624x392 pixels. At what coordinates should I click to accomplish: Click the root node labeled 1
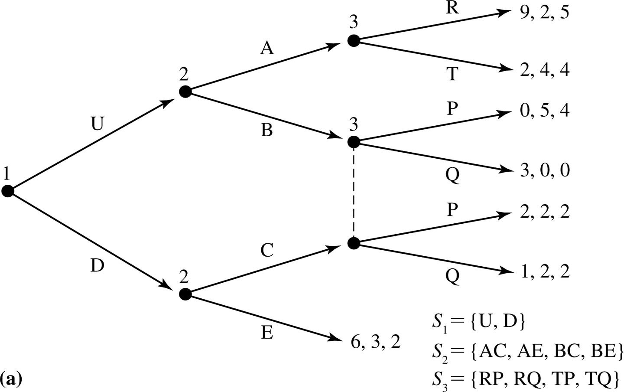[7, 191]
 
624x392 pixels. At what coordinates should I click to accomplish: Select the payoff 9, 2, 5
[544, 13]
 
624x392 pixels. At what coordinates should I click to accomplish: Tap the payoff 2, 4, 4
[544, 69]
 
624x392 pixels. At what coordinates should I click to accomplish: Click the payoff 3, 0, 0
[544, 170]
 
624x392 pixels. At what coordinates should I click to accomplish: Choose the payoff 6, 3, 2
[375, 343]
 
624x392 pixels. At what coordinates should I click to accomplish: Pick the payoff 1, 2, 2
[544, 272]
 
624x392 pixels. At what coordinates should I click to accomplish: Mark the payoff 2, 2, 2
[544, 212]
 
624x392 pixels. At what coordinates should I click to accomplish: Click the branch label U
[97, 124]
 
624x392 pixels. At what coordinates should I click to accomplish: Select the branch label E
[267, 333]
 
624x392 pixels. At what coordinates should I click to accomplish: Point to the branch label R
[452, 9]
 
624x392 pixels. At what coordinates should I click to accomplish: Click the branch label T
[452, 75]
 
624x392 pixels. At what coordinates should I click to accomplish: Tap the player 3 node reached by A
[354, 41]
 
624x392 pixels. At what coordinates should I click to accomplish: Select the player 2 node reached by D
[185, 294]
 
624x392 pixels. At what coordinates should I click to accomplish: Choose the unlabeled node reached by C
[354, 243]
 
